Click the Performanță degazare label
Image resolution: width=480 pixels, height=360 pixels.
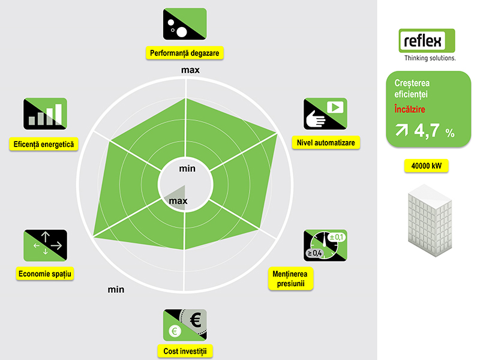[x=185, y=53]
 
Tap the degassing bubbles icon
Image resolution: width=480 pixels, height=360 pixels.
[x=185, y=24]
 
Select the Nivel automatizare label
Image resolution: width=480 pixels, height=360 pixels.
[x=326, y=143]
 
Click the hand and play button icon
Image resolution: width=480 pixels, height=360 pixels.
[x=325, y=114]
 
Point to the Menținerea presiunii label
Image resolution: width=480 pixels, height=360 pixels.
[x=290, y=278]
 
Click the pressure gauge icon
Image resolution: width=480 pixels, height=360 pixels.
[x=325, y=245]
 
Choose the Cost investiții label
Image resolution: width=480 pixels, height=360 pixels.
[x=185, y=351]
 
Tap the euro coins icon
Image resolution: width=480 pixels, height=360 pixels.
[x=185, y=325]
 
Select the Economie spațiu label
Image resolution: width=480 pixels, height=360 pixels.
[x=44, y=274]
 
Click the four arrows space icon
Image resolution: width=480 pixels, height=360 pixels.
[x=46, y=245]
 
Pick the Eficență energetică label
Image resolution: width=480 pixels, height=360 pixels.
[x=44, y=144]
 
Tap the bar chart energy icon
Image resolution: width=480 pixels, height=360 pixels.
[x=46, y=114]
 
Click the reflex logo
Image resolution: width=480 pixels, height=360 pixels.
[x=427, y=41]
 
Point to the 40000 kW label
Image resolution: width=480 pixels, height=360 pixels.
[x=427, y=166]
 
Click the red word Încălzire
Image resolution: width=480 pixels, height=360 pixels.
[x=410, y=109]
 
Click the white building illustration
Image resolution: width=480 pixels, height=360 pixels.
[x=430, y=220]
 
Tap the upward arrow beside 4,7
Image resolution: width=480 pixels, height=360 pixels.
[x=401, y=130]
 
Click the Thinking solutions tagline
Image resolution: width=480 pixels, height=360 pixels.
[x=430, y=58]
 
